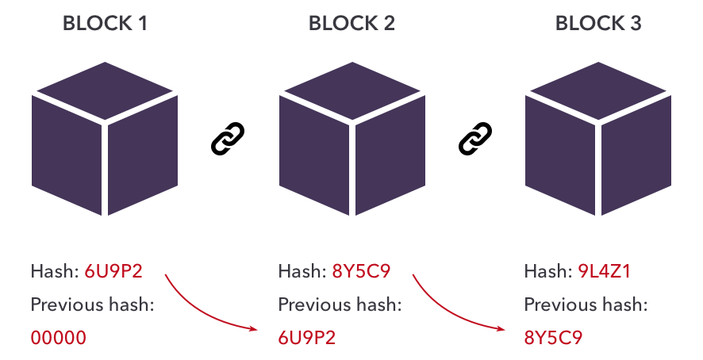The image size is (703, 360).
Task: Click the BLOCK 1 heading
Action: coord(105,23)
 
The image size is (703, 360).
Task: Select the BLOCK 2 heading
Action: coord(351,23)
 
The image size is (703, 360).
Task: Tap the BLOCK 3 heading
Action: coord(598,23)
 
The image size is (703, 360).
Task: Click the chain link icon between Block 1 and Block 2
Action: coord(229,139)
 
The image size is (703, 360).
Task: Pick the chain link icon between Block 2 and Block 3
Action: coord(475,139)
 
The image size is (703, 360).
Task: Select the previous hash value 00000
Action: coord(58,338)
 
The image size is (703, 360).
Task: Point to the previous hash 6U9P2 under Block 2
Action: coord(306,338)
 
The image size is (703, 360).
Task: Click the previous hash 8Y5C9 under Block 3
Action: coord(553,338)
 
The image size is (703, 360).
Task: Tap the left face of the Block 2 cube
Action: coord(313,155)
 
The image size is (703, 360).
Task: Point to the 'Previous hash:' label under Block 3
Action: coord(586,304)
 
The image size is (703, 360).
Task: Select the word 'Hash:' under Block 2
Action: coord(298,272)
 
